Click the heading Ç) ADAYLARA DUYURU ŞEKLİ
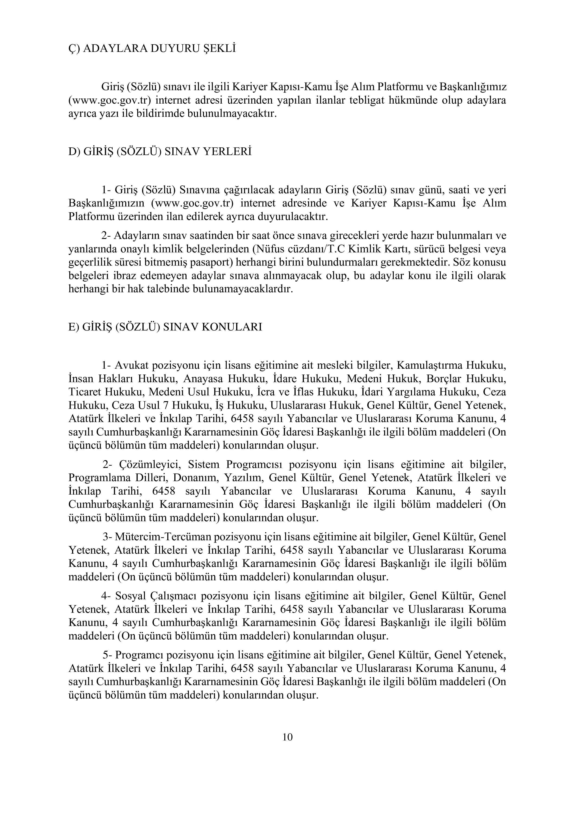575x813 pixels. (x=152, y=48)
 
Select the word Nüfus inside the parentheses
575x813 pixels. (x=269, y=249)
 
